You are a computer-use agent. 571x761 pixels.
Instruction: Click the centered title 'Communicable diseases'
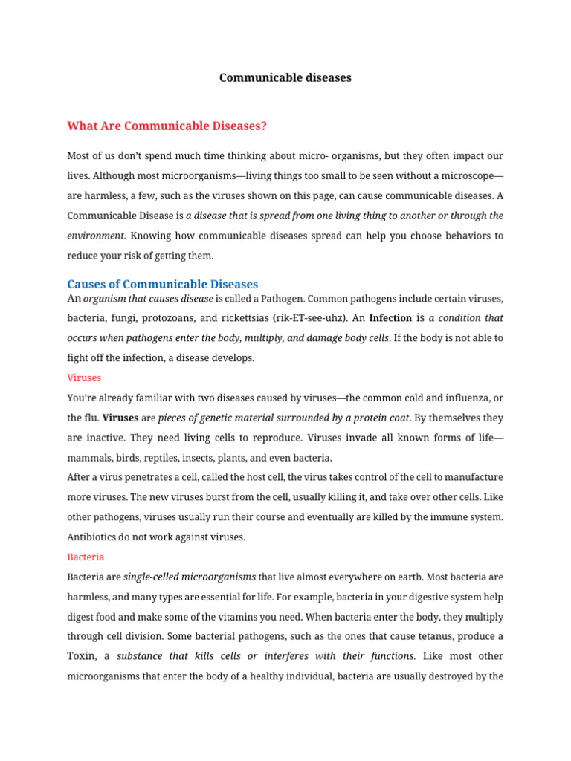click(x=285, y=77)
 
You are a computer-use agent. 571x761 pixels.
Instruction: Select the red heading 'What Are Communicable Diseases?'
click(x=167, y=126)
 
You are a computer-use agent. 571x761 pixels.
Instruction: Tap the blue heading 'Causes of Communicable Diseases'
click(x=162, y=284)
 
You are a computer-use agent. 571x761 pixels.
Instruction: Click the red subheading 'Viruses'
click(x=84, y=378)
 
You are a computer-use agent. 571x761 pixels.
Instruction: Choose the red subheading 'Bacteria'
click(x=86, y=557)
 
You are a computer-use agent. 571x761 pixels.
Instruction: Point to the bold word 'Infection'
click(x=390, y=317)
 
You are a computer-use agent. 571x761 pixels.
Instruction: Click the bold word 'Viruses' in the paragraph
click(x=120, y=418)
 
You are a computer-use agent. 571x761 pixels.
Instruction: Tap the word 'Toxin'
click(x=83, y=656)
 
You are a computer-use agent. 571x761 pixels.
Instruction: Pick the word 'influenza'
click(x=463, y=398)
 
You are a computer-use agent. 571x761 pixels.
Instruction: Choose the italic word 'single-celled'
click(x=152, y=577)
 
